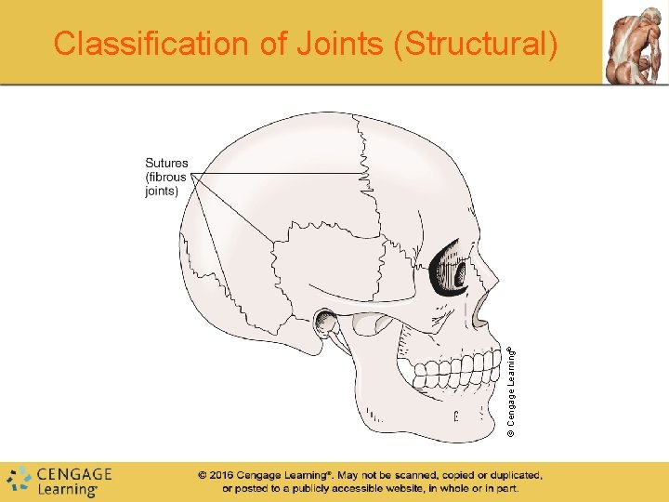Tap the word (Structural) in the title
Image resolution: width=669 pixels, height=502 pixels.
477,44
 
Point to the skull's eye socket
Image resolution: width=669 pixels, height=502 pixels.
453,269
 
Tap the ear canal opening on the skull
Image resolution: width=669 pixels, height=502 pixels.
326,323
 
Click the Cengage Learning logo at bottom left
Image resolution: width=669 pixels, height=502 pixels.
59,481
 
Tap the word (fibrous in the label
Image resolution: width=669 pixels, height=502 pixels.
166,178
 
